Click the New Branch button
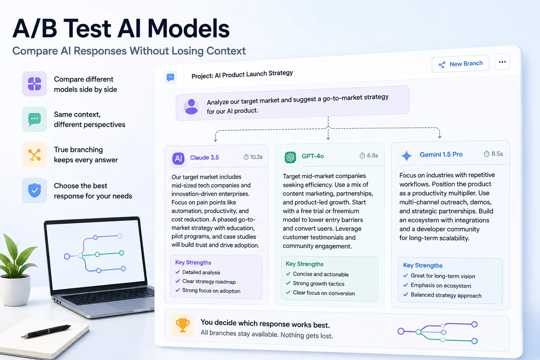pyautogui.click(x=461, y=64)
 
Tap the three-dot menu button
pyautogui.click(x=502, y=62)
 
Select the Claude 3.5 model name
pyautogui.click(x=204, y=157)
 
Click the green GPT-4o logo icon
pyautogui.click(x=290, y=157)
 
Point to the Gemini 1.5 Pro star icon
pyautogui.click(x=406, y=156)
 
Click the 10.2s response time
pyautogui.click(x=253, y=157)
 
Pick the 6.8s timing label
pyautogui.click(x=369, y=155)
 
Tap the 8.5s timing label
pyautogui.click(x=493, y=154)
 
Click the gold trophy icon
pyautogui.click(x=182, y=325)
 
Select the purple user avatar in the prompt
pyautogui.click(x=191, y=107)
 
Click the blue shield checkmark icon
pyautogui.click(x=34, y=190)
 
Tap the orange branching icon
pyautogui.click(x=34, y=155)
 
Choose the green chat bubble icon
pyautogui.click(x=34, y=119)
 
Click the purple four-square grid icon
pyautogui.click(x=34, y=84)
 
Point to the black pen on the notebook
pyautogui.click(x=46, y=331)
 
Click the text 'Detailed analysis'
pyautogui.click(x=201, y=272)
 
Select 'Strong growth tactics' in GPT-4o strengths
pyautogui.click(x=319, y=284)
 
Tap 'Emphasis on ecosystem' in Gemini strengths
pyautogui.click(x=441, y=285)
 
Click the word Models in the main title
pyautogui.click(x=188, y=28)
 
